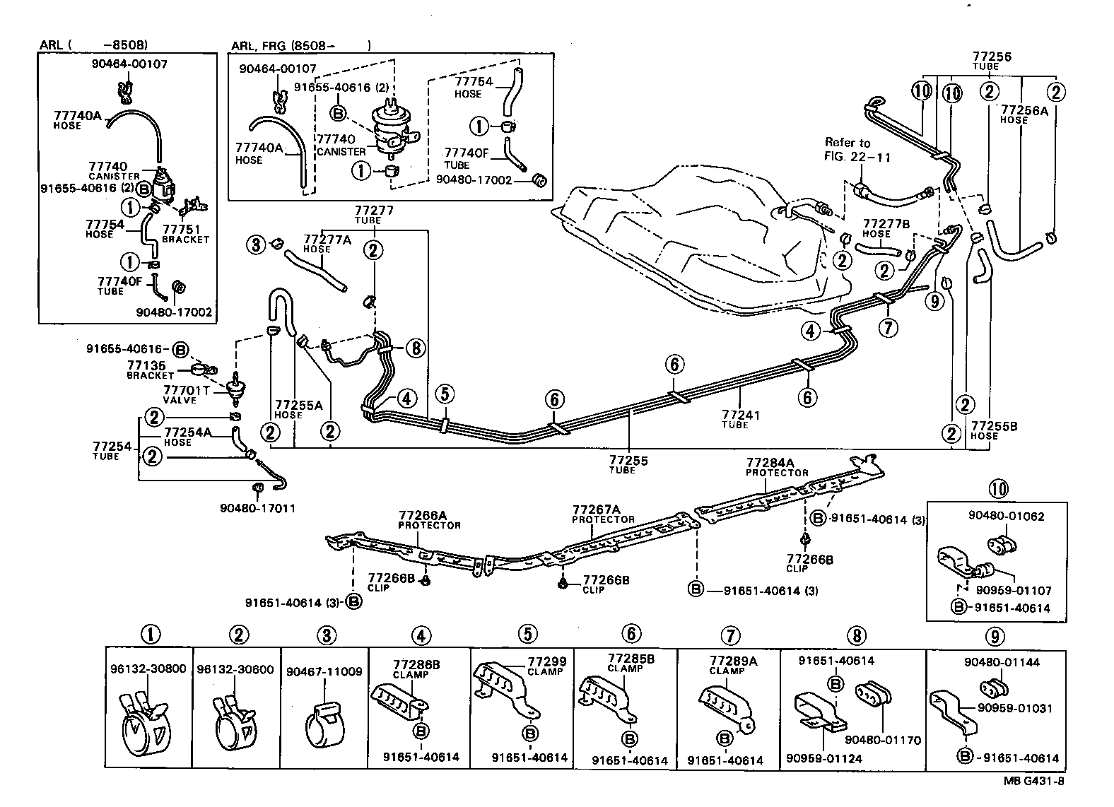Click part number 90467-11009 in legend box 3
324,672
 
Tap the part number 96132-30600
235,669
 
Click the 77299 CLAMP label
547,666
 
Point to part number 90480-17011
257,508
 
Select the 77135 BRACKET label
150,370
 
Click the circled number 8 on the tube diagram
416,347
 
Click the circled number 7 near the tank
888,327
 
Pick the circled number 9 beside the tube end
934,302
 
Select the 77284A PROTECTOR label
777,467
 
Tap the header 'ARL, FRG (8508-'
283,47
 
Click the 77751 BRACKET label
185,234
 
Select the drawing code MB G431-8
1033,781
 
